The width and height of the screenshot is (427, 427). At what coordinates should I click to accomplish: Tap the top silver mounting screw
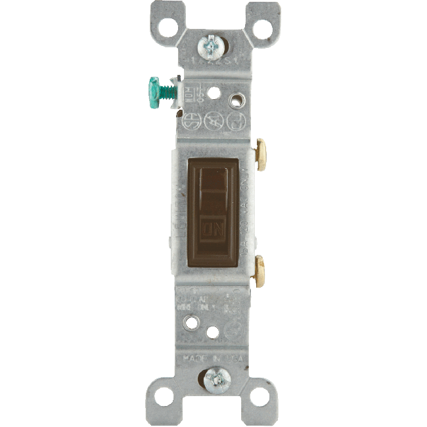212,45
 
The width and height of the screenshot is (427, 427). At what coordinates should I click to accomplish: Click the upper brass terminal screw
261,154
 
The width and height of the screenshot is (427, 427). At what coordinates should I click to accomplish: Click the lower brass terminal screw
259,270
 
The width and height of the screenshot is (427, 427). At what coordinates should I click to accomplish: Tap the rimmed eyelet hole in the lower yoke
191,323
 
